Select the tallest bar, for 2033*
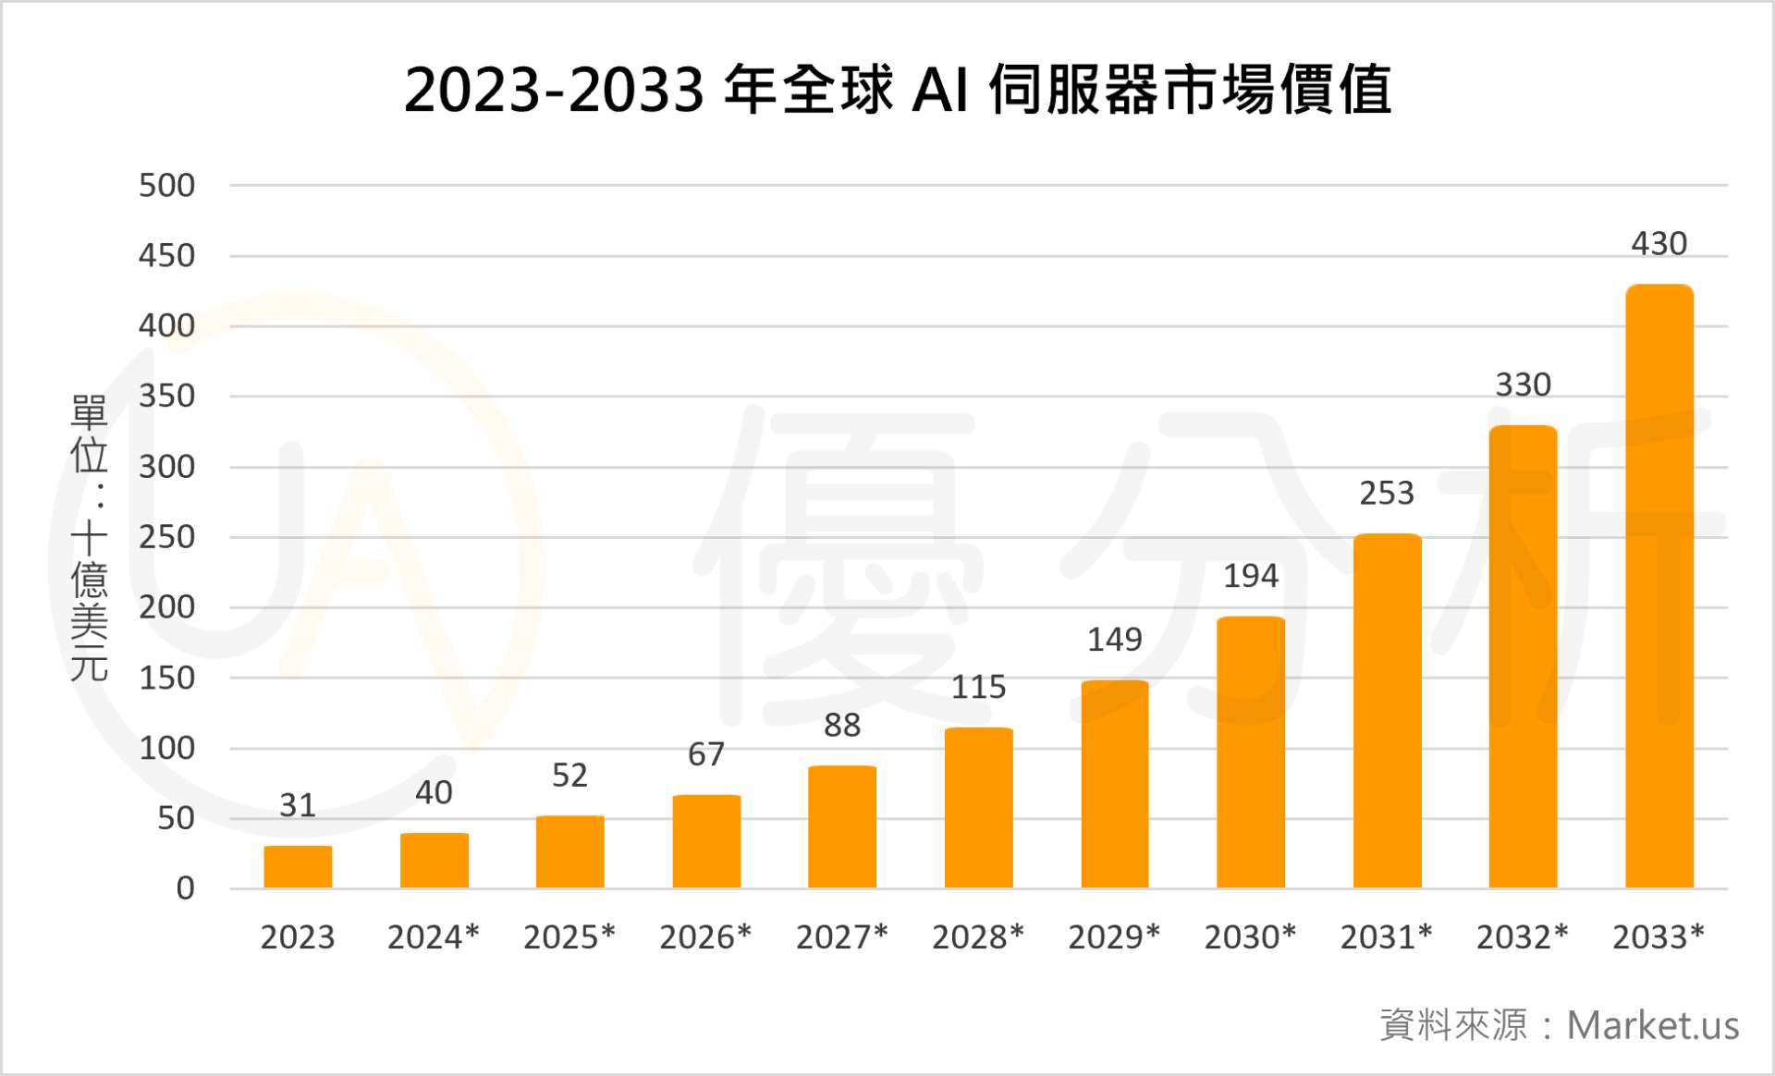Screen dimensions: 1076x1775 coord(1659,587)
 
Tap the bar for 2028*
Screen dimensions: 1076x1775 coord(978,808)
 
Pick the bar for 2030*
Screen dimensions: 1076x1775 coord(1251,752)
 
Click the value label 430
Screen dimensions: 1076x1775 coord(1659,244)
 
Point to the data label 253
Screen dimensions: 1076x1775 coord(1387,494)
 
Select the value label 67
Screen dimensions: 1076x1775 coord(706,754)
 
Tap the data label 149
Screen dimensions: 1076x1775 coord(1115,640)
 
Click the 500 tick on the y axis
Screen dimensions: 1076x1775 coord(167,186)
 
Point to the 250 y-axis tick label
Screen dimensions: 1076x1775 coord(167,537)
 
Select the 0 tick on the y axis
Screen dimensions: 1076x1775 coord(186,888)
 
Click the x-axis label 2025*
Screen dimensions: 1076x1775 coord(569,937)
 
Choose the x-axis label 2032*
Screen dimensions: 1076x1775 coord(1523,937)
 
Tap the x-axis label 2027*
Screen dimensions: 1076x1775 coord(842,937)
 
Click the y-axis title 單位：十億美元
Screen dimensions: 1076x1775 coord(90,537)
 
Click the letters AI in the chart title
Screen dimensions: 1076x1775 coord(940,91)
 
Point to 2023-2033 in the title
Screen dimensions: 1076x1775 coord(554,91)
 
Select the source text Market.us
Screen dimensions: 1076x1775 coord(1653,1026)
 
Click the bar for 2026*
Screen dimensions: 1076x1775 coord(706,841)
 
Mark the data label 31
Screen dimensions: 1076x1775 coord(298,806)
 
